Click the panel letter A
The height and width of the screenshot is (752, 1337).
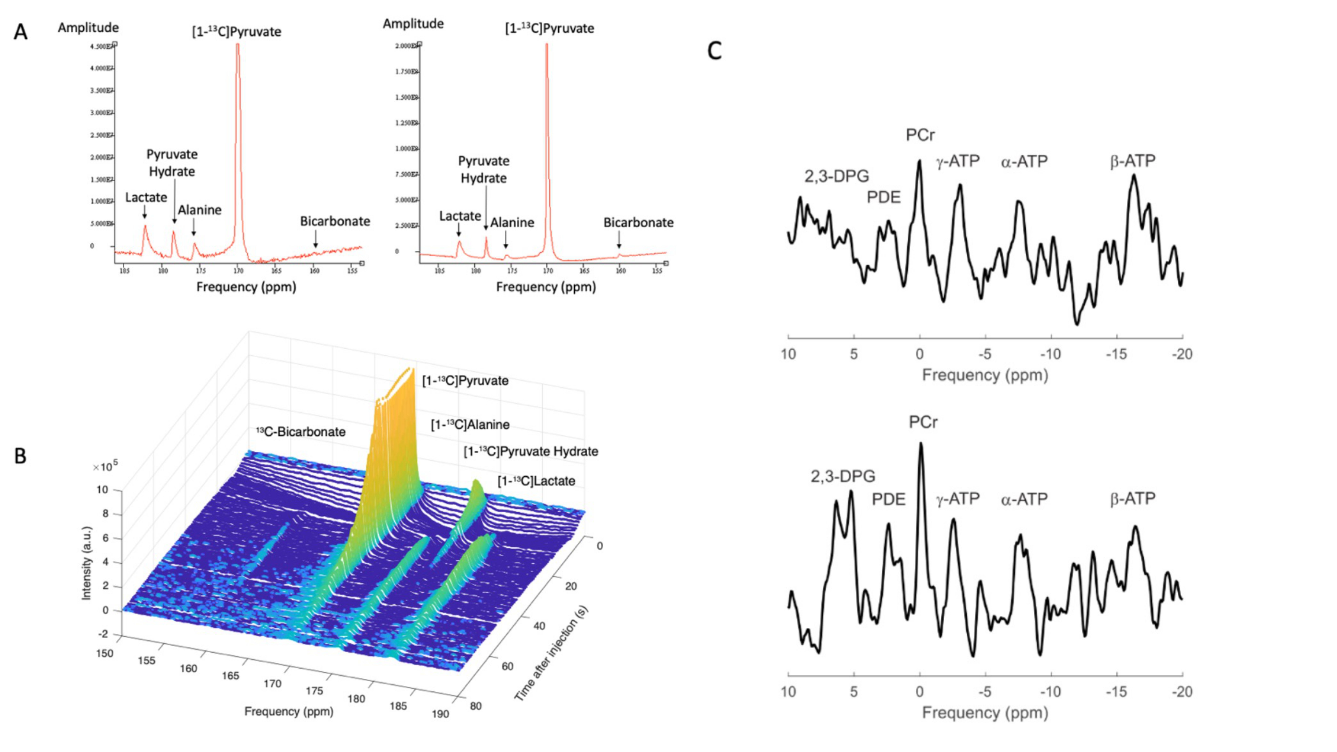coord(20,32)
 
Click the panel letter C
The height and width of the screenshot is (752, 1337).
coord(715,51)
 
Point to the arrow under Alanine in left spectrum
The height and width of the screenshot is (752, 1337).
coord(194,227)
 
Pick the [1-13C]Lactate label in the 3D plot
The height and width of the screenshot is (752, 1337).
coord(536,481)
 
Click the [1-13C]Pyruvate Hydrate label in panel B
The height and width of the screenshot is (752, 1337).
coord(530,452)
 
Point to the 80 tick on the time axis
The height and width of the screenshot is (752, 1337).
coord(475,706)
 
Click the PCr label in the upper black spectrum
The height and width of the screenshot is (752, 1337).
coord(920,136)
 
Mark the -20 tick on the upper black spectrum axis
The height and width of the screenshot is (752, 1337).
coord(1182,354)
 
